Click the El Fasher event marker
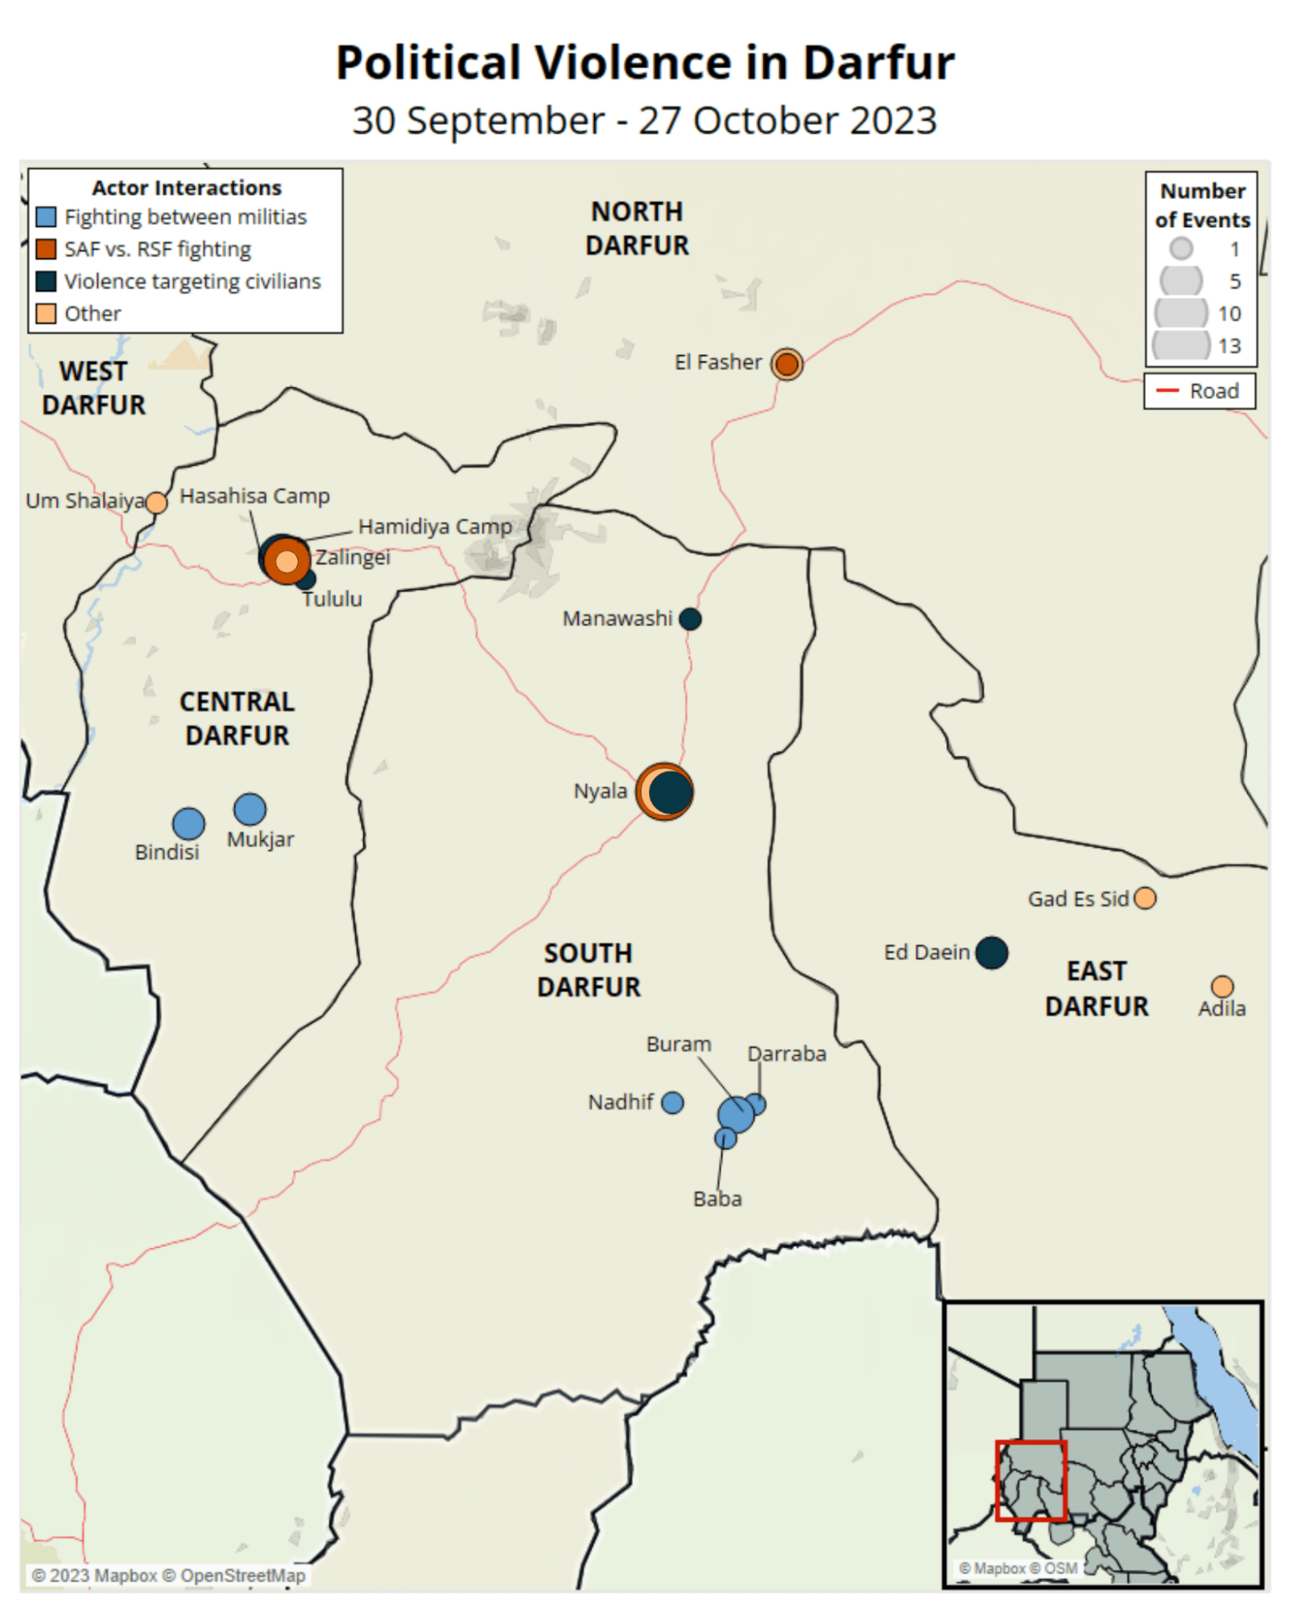point(786,364)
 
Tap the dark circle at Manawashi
point(689,619)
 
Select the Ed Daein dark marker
point(991,952)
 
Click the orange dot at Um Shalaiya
point(156,502)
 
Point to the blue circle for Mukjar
point(250,809)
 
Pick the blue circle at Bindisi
point(188,823)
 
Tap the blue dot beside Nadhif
point(672,1102)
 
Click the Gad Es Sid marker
point(1144,897)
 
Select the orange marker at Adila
point(1221,986)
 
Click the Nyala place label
point(600,791)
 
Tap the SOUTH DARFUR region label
point(589,970)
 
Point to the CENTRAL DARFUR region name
point(237,718)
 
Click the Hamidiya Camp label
point(435,526)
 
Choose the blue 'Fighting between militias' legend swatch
point(46,217)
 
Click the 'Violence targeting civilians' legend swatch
point(46,281)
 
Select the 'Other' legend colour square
point(46,313)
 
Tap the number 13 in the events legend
point(1229,346)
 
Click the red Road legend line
point(1167,391)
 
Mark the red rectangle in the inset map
point(1031,1481)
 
